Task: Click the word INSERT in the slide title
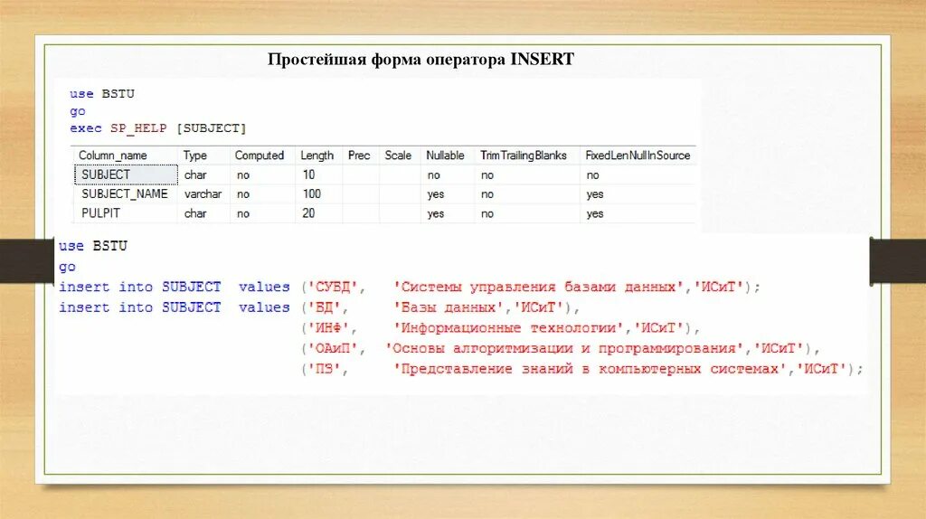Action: (x=543, y=60)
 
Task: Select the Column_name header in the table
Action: (x=113, y=156)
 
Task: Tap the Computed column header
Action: (x=260, y=156)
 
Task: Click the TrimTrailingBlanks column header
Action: (x=524, y=156)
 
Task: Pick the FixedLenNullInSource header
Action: (x=638, y=156)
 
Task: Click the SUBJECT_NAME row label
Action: (x=125, y=194)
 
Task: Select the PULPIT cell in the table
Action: (x=100, y=214)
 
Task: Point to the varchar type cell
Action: (x=203, y=194)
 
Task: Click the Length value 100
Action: (x=312, y=194)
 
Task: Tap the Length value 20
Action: (x=309, y=214)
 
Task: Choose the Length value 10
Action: (x=309, y=175)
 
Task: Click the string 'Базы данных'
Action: (x=449, y=308)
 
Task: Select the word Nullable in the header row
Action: (x=445, y=156)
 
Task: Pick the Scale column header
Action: (x=398, y=156)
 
